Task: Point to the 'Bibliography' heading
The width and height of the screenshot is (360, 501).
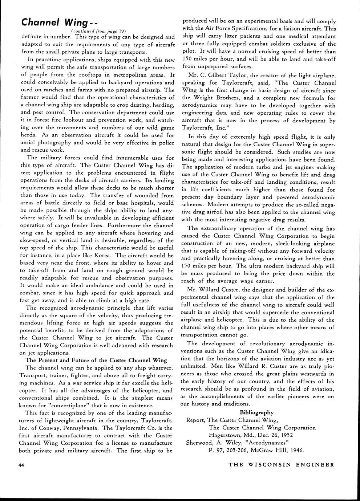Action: point(257,412)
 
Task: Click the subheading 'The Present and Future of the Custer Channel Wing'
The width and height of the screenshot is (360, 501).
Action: point(96,360)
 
